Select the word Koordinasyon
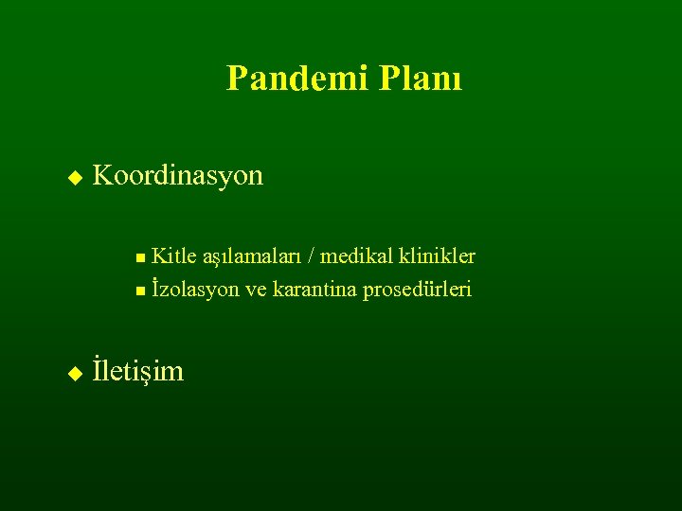coord(178,176)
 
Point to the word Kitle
coord(173,256)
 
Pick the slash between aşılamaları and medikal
coord(314,256)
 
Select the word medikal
coord(357,256)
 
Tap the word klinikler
coord(437,256)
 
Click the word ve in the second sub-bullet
coord(256,290)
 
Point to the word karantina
coord(314,290)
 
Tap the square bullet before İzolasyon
coord(140,291)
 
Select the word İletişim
coord(138,371)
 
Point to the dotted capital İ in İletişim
coord(98,369)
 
